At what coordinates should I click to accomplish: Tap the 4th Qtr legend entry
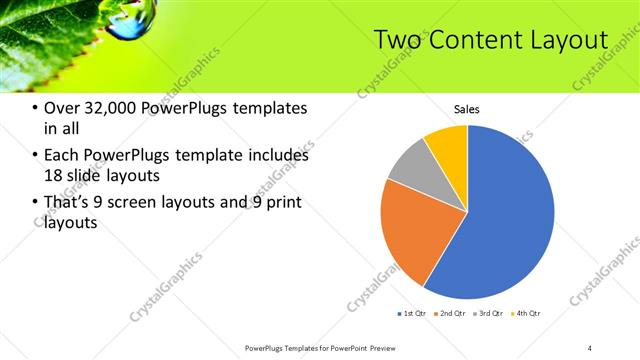click(526, 314)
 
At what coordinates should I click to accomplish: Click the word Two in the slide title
click(397, 40)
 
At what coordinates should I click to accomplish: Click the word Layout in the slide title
click(564, 40)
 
